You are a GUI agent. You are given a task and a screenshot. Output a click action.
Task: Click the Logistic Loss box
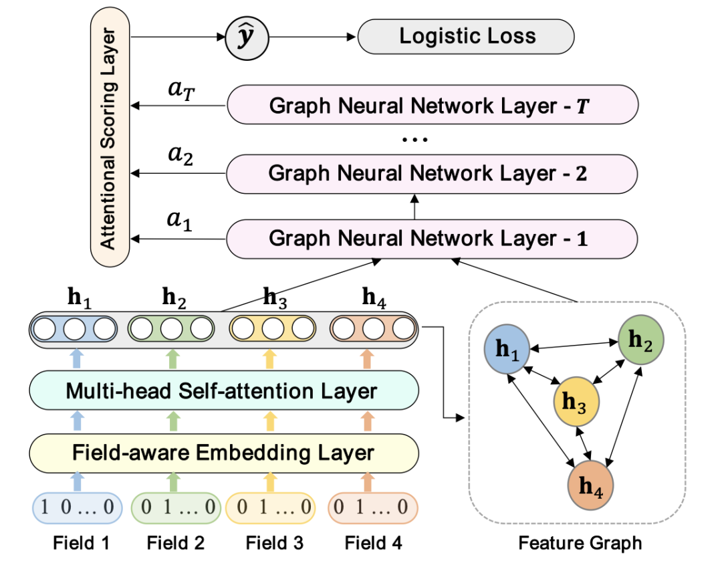click(x=467, y=36)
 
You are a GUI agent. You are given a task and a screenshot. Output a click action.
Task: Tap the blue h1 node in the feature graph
click(x=508, y=349)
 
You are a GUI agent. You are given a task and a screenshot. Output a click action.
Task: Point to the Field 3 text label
click(x=274, y=542)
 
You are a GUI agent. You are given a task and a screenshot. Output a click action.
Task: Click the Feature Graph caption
click(x=580, y=542)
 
